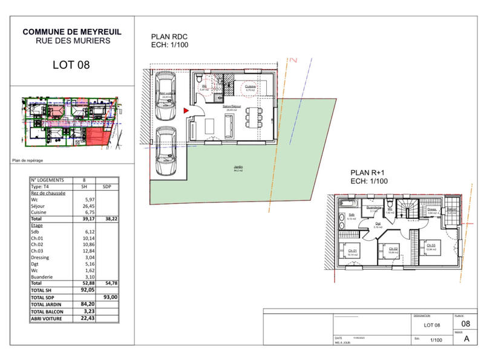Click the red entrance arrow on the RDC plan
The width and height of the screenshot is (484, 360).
(185, 110)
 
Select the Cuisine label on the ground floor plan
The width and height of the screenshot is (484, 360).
(250, 86)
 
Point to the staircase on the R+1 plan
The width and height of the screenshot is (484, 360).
(410, 209)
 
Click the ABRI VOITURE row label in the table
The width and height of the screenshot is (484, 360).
(48, 317)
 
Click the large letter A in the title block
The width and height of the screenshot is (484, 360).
(466, 339)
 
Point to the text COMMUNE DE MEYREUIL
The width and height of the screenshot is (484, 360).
(71, 31)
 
